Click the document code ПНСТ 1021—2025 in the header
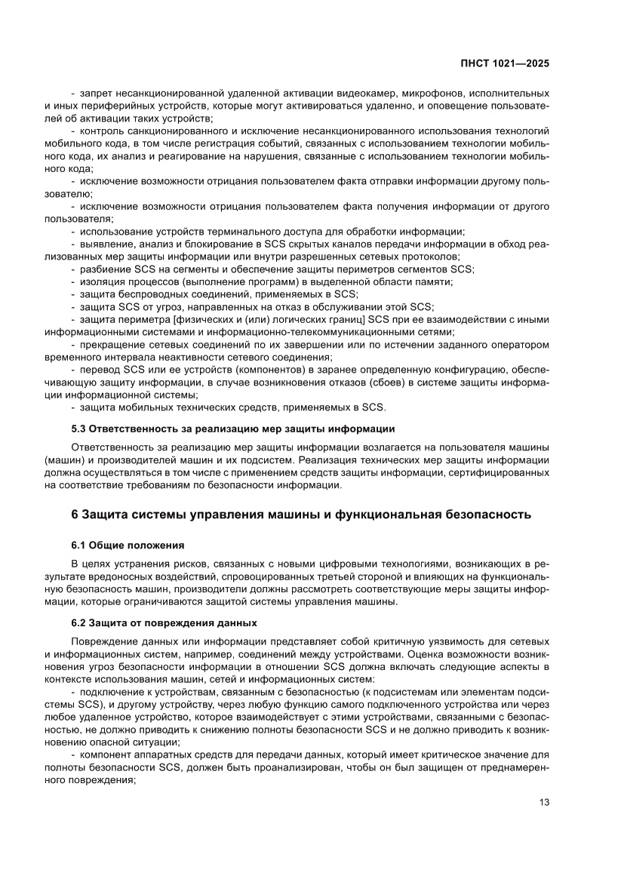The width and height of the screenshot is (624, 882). (x=505, y=64)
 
